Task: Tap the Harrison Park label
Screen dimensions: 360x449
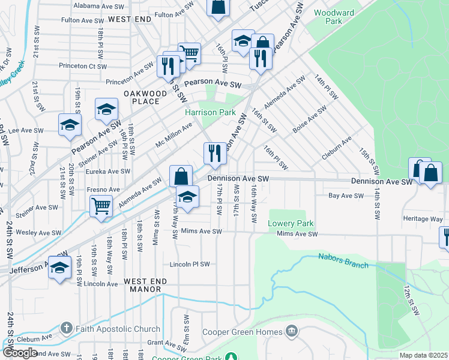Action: click(x=210, y=112)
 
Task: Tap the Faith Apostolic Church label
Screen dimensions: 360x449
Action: click(x=118, y=329)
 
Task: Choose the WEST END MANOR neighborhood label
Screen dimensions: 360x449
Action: click(x=142, y=285)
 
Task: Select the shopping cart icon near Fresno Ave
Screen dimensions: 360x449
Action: click(x=101, y=205)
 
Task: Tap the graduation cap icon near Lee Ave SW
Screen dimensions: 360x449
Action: click(x=70, y=125)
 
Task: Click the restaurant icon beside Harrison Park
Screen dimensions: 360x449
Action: click(x=215, y=153)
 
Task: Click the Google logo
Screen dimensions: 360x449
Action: click(x=20, y=353)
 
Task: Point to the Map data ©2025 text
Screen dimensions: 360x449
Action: click(x=424, y=355)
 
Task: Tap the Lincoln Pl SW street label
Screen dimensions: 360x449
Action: click(x=190, y=264)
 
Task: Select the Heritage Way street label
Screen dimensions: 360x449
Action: click(x=423, y=220)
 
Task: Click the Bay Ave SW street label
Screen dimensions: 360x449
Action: click(x=346, y=196)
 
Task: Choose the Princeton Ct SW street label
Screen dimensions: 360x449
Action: click(x=83, y=67)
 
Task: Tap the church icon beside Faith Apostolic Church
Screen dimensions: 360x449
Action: click(x=67, y=329)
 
